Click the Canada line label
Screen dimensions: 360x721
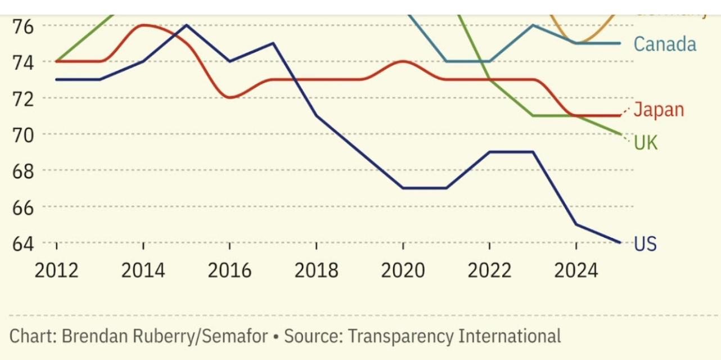[665, 44]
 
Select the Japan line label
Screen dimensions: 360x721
[659, 110]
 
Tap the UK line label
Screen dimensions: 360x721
[646, 143]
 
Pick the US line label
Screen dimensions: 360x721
[645, 244]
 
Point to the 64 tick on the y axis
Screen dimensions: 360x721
[22, 243]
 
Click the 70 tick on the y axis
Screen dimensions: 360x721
[22, 134]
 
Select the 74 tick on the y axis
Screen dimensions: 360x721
[22, 62]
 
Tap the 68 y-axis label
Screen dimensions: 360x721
[22, 170]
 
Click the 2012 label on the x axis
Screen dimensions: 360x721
[56, 271]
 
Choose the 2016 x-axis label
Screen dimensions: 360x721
[229, 271]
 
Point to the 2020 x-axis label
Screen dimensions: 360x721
[403, 271]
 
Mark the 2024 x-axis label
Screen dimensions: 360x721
[576, 271]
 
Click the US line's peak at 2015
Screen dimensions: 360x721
[186, 25]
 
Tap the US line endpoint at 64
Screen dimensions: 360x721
[620, 242]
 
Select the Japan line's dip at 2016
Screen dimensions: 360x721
[229, 97]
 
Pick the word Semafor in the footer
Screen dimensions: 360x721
[235, 336]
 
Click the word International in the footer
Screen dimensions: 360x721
[510, 336]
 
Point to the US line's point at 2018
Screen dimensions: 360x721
[317, 116]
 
